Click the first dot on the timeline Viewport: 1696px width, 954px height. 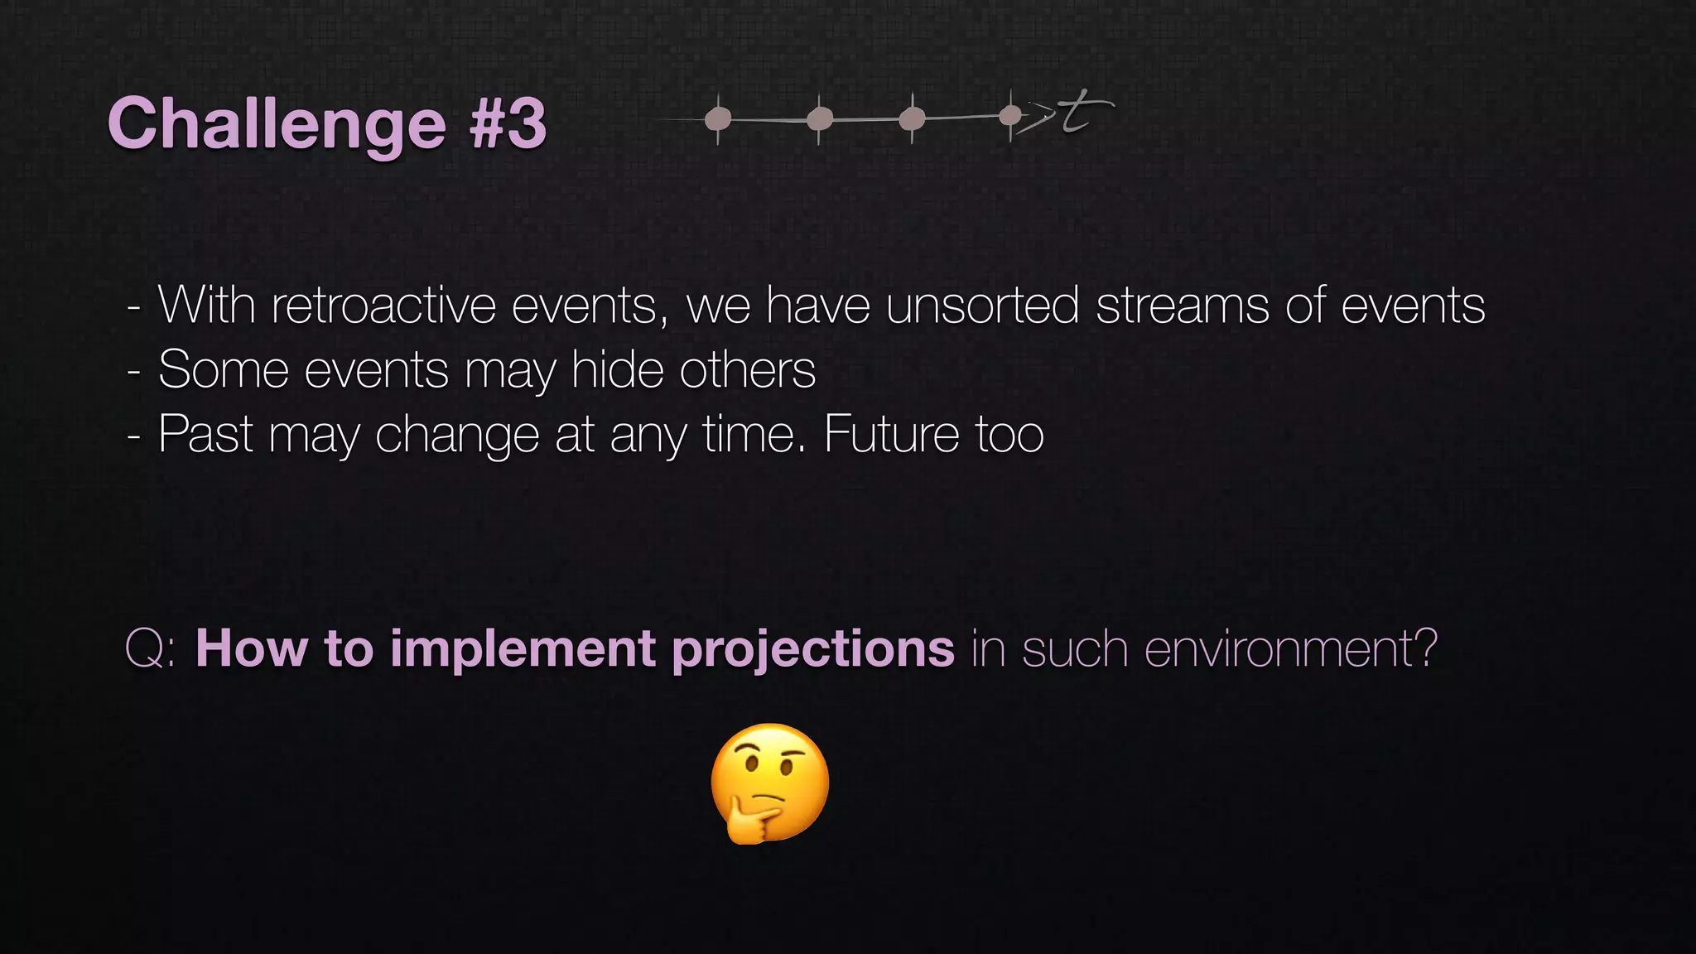(x=718, y=119)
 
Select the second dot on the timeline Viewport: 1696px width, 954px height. (x=820, y=119)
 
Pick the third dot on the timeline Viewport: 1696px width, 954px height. (x=912, y=118)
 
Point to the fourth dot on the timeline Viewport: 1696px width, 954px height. (x=1010, y=115)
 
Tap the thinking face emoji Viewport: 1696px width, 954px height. (x=770, y=783)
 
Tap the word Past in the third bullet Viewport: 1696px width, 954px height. (x=205, y=434)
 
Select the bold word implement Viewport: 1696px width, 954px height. (x=523, y=648)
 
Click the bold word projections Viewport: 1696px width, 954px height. (x=813, y=650)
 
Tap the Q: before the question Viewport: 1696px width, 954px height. (x=150, y=648)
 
